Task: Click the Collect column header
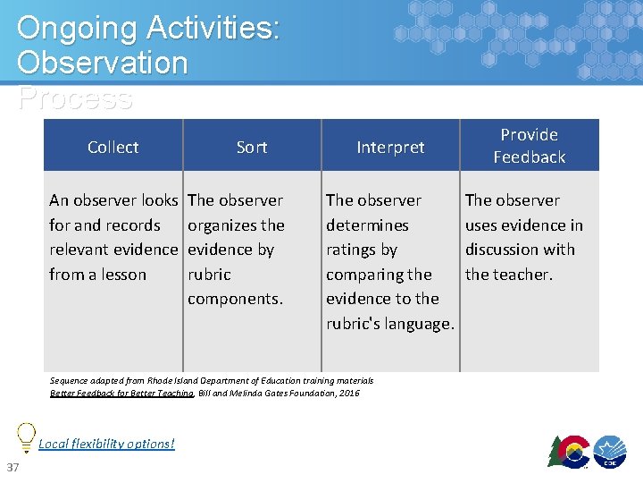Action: [113, 147]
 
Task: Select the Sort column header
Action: [252, 147]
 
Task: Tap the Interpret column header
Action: [390, 147]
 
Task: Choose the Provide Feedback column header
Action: [530, 146]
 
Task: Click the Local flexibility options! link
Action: [106, 444]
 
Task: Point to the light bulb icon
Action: [27, 435]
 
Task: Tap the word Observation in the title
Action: [102, 64]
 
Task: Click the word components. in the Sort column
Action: [235, 299]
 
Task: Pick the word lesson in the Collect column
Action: [123, 275]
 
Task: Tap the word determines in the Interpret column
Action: [367, 225]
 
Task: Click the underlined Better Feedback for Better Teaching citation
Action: [121, 393]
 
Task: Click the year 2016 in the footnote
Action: [349, 393]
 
